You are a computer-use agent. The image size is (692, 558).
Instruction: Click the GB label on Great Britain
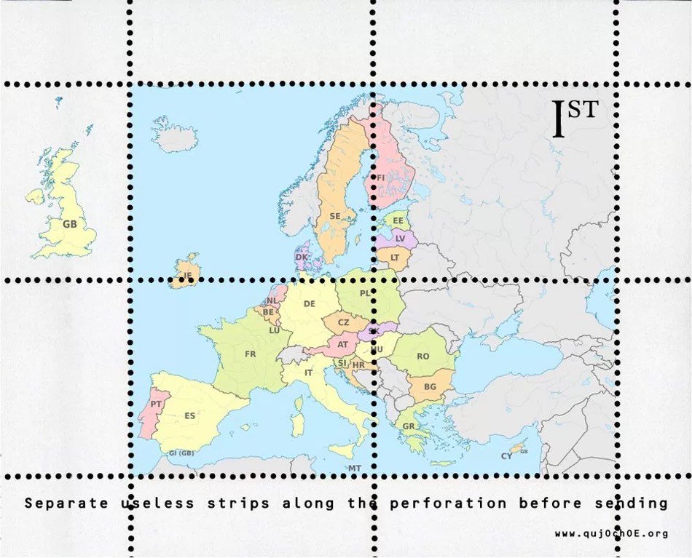click(x=69, y=224)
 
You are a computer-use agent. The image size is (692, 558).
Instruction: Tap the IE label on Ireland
click(x=187, y=276)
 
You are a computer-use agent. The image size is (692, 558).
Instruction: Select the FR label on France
click(x=251, y=354)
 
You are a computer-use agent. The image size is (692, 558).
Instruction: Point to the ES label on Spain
click(x=189, y=416)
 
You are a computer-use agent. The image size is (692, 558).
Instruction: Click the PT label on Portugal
click(x=156, y=404)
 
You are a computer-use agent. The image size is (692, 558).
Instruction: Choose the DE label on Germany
click(x=309, y=304)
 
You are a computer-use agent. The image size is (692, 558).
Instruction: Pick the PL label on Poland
click(x=365, y=293)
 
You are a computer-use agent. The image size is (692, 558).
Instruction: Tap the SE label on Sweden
click(x=335, y=216)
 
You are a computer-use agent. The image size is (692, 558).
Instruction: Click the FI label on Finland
click(x=380, y=177)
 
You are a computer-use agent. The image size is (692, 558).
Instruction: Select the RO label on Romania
click(x=422, y=356)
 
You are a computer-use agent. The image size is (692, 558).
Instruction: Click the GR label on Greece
click(x=409, y=426)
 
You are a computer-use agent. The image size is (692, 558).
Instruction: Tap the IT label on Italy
click(x=309, y=372)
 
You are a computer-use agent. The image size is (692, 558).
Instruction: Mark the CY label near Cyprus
click(x=506, y=456)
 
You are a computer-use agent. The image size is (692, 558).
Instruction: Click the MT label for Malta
click(x=355, y=468)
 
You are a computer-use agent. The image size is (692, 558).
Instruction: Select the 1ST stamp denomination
click(x=575, y=118)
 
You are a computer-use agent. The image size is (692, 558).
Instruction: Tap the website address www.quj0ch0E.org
click(x=611, y=534)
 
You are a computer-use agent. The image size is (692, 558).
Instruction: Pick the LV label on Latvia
click(x=400, y=238)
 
